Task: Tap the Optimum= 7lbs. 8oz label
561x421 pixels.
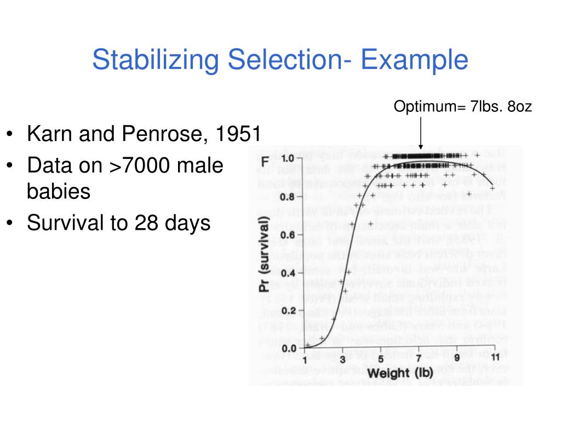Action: click(x=462, y=106)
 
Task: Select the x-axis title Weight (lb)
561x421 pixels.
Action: click(x=399, y=374)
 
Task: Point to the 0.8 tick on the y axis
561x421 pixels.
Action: click(x=288, y=197)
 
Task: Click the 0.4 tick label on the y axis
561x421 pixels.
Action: click(x=288, y=273)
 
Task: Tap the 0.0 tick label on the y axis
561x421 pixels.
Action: click(x=288, y=348)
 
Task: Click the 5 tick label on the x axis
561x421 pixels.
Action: click(x=381, y=359)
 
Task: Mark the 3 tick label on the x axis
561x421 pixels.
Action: click(x=342, y=359)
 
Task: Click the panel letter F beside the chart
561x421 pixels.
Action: click(x=265, y=162)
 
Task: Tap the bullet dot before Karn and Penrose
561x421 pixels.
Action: click(x=12, y=135)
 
